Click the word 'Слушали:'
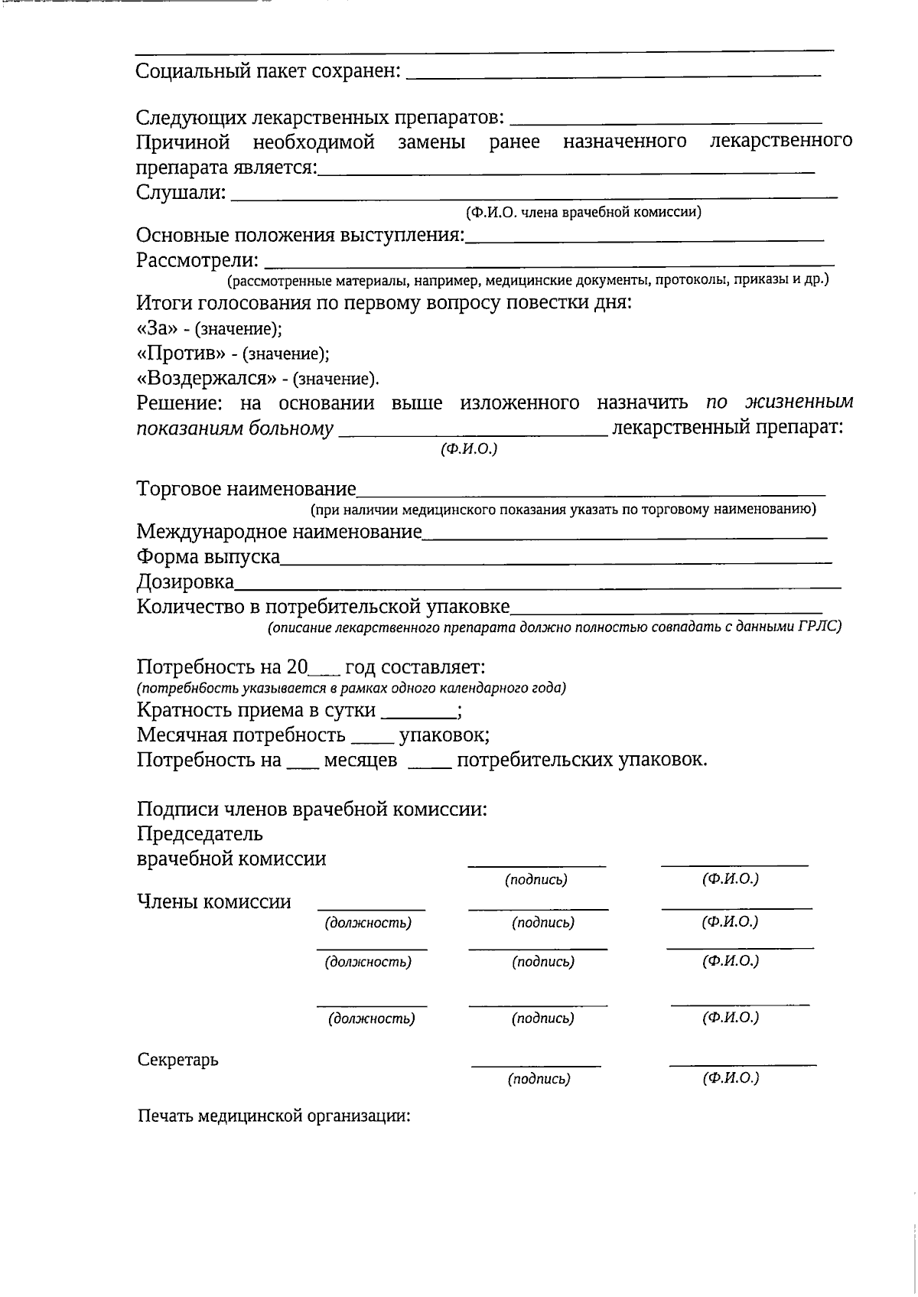coord(181,193)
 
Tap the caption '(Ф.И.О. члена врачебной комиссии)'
coord(583,212)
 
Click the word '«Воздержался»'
coord(206,379)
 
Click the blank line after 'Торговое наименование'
coord(591,494)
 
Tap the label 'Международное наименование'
coord(279,532)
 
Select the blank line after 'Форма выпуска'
coord(555,562)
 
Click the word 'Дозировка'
coord(185,582)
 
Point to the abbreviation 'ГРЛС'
coord(822,627)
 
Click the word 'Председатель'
coord(200,833)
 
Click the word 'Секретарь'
coord(177,1060)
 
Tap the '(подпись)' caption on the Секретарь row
coord(539,1080)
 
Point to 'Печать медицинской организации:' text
coord(274,1116)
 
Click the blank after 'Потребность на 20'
coord(324,674)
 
